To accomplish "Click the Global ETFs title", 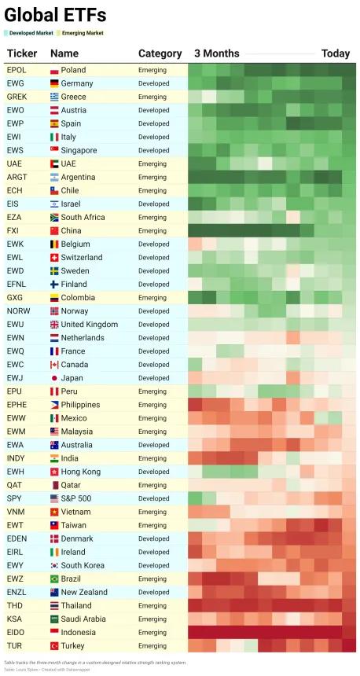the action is pos(55,16).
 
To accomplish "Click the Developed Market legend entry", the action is pos(28,33).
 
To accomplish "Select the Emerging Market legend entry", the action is pos(80,33).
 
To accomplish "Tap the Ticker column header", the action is pos(22,53).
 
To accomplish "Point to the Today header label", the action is pos(336,53).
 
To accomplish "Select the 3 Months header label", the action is pos(216,53).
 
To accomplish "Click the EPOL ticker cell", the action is pos(17,70).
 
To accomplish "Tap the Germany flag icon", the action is pos(54,83).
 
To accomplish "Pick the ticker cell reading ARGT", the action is pos(17,177).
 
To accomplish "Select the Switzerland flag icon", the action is pos(54,258).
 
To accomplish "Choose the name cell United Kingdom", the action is pos(90,325).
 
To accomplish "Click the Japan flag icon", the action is pos(54,378).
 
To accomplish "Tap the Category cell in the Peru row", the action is pos(152,391).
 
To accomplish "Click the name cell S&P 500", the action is pos(76,498).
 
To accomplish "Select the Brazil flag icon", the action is pos(54,579).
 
